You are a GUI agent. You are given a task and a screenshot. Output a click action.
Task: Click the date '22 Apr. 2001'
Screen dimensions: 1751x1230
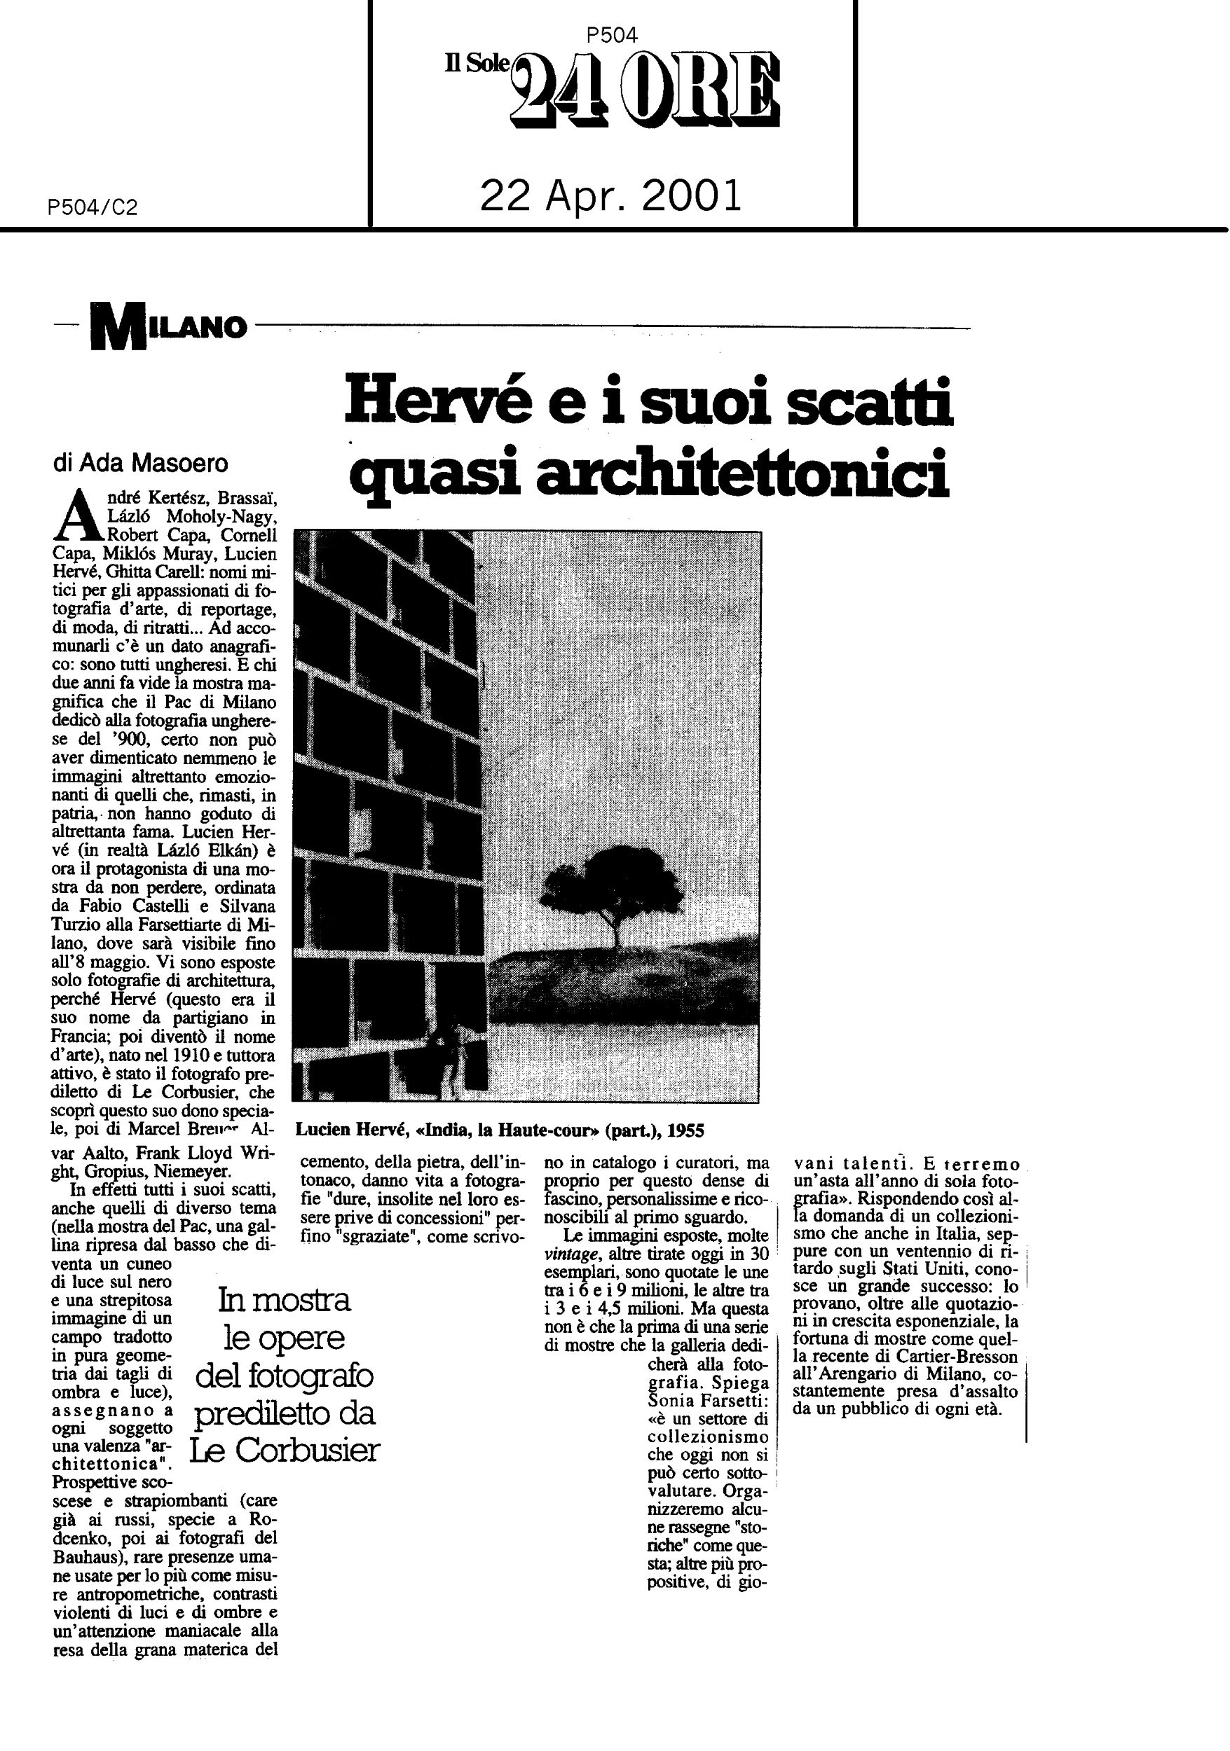(610, 197)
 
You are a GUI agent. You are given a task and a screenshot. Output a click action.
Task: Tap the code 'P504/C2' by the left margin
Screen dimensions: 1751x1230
(93, 207)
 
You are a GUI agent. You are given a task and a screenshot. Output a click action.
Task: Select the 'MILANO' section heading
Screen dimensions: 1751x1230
(170, 328)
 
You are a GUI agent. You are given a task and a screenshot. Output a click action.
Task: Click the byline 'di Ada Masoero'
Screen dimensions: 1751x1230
(140, 464)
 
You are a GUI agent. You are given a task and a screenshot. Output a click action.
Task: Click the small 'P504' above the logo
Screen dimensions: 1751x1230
(613, 34)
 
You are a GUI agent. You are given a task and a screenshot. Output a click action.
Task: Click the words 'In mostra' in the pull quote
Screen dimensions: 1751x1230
(284, 1299)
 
